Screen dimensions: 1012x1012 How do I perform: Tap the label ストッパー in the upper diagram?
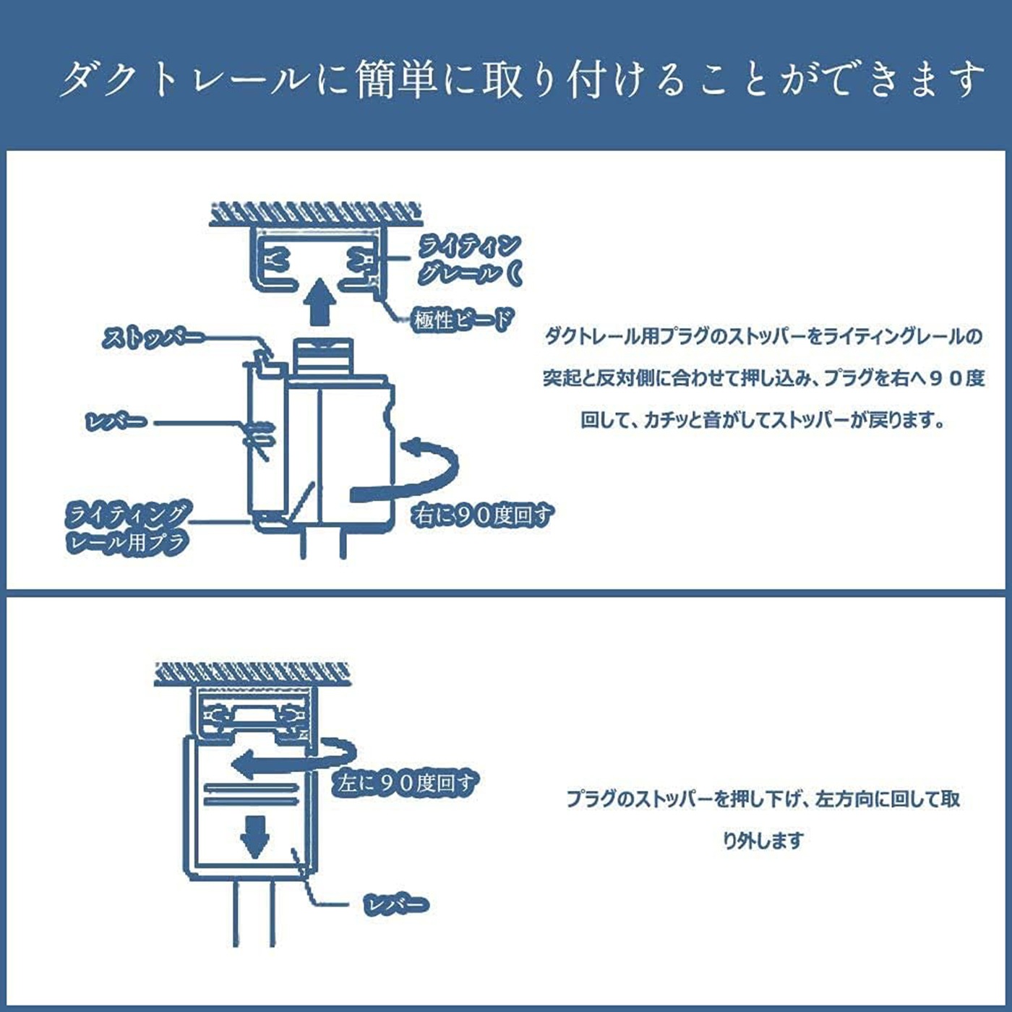[153, 338]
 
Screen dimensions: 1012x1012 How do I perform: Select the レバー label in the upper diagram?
[116, 421]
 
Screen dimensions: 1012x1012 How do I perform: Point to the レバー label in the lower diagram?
[395, 904]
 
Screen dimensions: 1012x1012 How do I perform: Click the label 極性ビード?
[463, 320]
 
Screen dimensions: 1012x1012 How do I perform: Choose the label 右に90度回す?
[481, 515]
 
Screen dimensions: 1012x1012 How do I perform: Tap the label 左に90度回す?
[405, 783]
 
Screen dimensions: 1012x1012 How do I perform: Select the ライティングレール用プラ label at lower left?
[127, 528]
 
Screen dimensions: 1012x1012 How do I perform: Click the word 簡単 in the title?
[396, 79]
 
